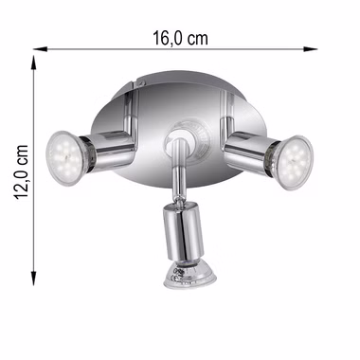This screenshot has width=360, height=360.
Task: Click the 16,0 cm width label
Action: click(180, 38)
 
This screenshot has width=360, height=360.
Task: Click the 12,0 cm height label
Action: click(22, 171)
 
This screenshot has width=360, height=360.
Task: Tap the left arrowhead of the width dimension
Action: click(40, 49)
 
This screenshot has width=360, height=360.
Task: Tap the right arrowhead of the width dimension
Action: click(310, 49)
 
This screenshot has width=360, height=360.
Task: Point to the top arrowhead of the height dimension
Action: click(34, 63)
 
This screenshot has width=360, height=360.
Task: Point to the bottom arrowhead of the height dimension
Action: click(34, 279)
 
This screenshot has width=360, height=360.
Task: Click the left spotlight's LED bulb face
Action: click(64, 158)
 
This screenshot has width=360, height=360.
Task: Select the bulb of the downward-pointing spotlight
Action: click(189, 275)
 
